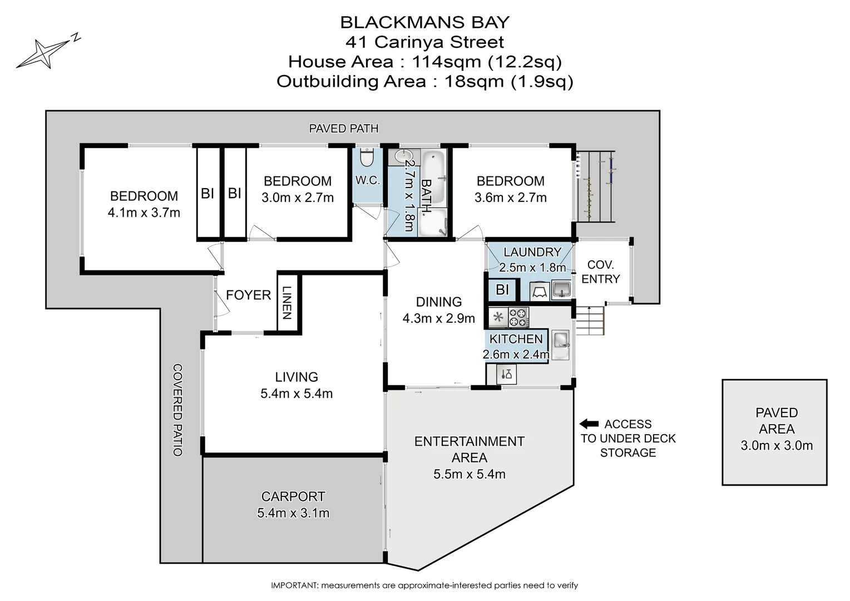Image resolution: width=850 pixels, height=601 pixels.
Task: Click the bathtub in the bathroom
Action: [434, 177]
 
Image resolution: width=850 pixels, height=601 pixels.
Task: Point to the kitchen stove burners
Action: [518, 318]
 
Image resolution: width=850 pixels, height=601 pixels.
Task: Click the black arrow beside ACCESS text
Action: [589, 424]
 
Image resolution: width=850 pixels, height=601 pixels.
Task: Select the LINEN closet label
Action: [286, 303]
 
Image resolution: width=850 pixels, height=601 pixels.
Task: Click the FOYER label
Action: [248, 295]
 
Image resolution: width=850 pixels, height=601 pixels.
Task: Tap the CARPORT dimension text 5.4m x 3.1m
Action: [293, 513]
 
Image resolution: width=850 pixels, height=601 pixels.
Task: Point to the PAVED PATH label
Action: [344, 129]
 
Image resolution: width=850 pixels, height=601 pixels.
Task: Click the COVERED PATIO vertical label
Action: [177, 410]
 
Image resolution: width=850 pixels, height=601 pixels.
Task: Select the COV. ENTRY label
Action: [600, 272]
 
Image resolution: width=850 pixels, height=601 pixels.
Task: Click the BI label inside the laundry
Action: [502, 290]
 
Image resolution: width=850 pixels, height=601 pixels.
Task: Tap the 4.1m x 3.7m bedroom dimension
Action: [144, 213]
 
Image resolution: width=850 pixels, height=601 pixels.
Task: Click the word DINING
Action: [439, 302]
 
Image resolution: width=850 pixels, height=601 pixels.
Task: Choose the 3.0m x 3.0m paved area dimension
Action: [777, 445]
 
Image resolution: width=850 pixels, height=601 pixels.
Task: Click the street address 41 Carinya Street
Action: [424, 42]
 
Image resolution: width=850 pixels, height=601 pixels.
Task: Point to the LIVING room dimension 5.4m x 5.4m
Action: [296, 394]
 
